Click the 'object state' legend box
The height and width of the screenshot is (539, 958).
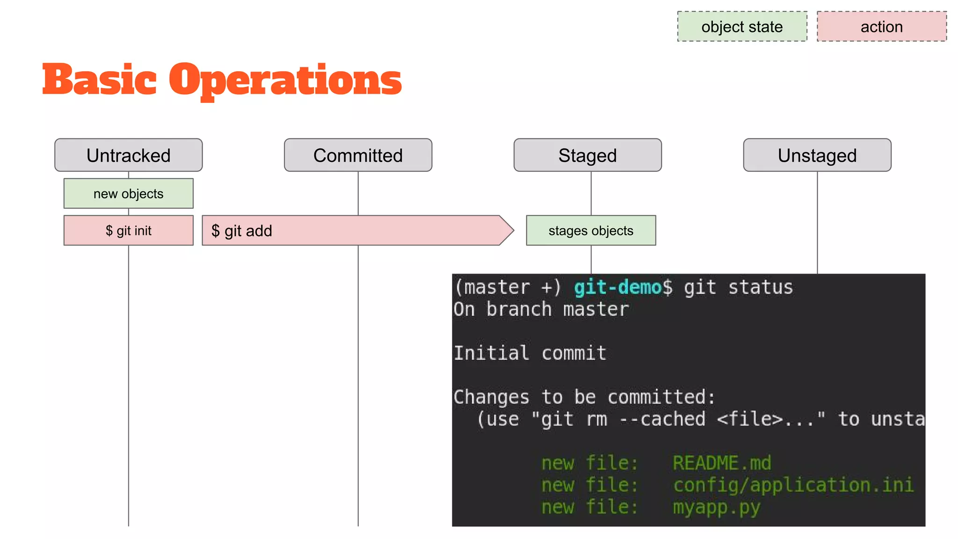pos(742,27)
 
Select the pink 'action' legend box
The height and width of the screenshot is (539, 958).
pos(881,27)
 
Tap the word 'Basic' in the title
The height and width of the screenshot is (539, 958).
pos(99,80)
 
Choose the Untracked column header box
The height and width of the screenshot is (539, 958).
pos(128,155)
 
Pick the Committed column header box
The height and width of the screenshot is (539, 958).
pos(358,155)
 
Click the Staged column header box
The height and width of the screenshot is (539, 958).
pos(588,155)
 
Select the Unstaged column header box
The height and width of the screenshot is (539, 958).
pos(817,155)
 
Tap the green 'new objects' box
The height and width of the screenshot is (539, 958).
pos(128,193)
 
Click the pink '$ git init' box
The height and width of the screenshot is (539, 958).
pos(128,230)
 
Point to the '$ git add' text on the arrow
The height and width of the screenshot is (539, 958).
pos(242,231)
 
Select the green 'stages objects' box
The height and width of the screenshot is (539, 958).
pos(591,230)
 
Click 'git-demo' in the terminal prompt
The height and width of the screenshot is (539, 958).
pos(617,287)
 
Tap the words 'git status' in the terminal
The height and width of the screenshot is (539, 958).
pos(738,287)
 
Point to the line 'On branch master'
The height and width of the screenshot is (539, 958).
pos(541,309)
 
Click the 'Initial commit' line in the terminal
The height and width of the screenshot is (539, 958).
pos(530,353)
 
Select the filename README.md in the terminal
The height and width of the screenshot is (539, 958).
pos(722,463)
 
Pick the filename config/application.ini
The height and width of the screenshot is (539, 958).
pos(793,485)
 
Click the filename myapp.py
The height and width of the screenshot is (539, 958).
pos(717,507)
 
